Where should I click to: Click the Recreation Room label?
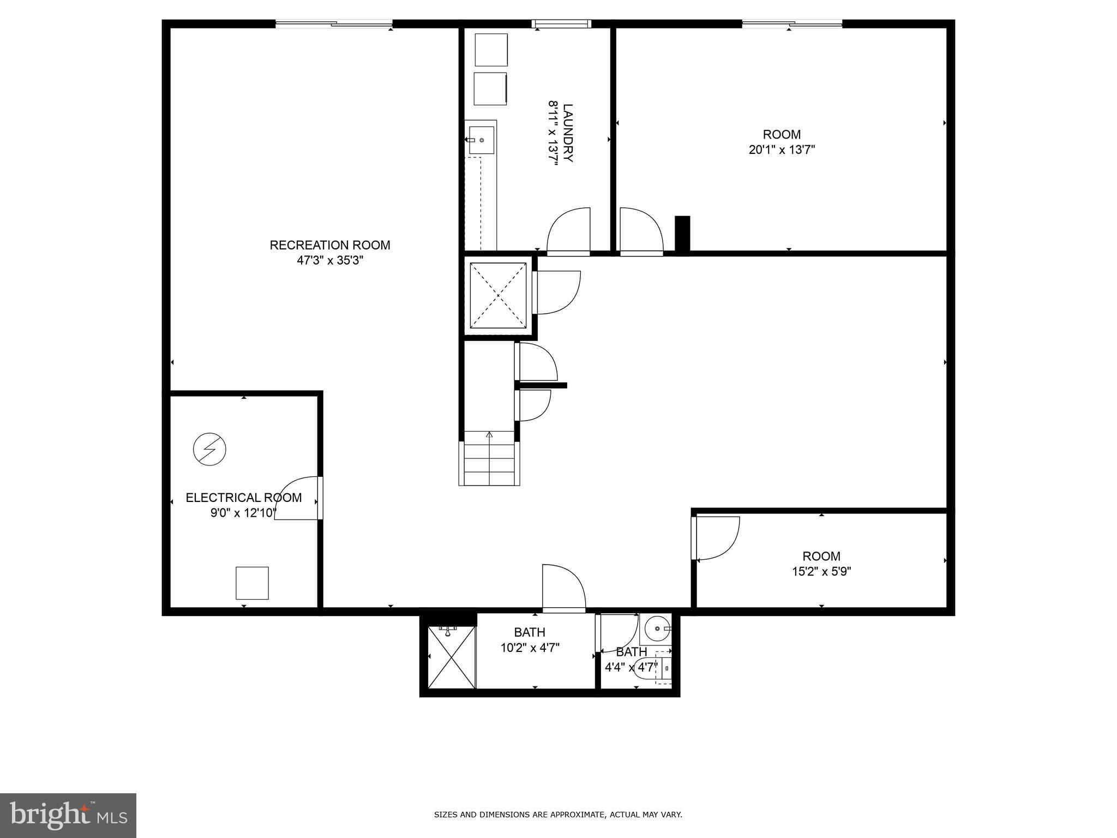(330, 246)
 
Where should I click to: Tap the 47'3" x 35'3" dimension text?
(330, 261)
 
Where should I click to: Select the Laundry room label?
(568, 133)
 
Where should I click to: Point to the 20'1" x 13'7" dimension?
(782, 149)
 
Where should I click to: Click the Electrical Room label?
(243, 498)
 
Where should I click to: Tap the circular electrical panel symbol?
(209, 450)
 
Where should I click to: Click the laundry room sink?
(481, 140)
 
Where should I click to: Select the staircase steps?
(489, 458)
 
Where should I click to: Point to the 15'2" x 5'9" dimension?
(821, 571)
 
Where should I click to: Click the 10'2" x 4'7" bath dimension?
(530, 648)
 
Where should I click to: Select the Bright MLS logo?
(68, 815)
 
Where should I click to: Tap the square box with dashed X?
(498, 296)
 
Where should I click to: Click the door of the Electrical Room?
(297, 498)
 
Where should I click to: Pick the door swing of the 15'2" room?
(716, 538)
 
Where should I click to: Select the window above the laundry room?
(562, 23)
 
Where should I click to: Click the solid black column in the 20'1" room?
(682, 234)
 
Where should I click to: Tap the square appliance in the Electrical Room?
(252, 583)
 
